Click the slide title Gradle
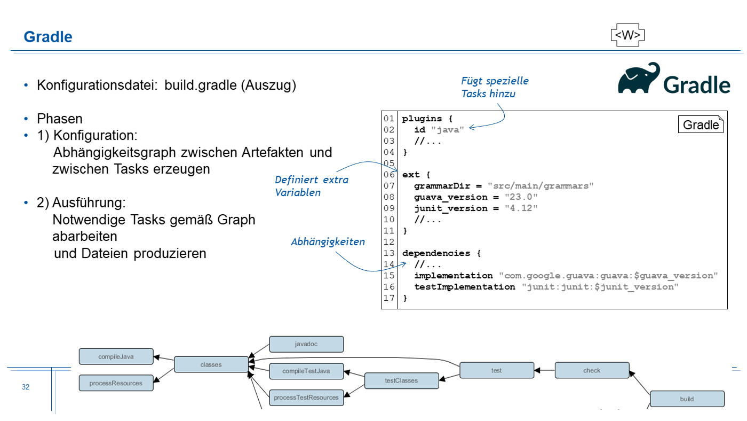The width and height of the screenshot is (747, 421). (48, 37)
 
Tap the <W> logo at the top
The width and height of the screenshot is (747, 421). (627, 35)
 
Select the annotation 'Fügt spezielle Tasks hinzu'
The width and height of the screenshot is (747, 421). (495, 87)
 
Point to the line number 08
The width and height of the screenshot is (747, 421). (388, 197)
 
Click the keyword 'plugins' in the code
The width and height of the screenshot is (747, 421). (422, 118)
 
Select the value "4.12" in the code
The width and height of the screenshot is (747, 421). (521, 208)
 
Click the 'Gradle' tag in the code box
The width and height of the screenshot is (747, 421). (701, 125)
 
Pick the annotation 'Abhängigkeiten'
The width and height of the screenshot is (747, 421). (328, 242)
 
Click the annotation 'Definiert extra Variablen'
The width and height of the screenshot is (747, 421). (312, 186)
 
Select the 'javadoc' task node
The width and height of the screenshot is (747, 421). (306, 344)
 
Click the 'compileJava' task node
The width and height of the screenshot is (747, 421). (116, 356)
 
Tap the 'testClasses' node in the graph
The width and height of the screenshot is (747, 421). (401, 381)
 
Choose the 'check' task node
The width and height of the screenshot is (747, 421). (592, 370)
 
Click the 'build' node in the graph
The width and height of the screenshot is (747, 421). (687, 399)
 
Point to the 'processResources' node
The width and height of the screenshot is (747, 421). (116, 383)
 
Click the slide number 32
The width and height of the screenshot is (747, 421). (26, 387)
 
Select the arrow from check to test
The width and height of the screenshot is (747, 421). (544, 370)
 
